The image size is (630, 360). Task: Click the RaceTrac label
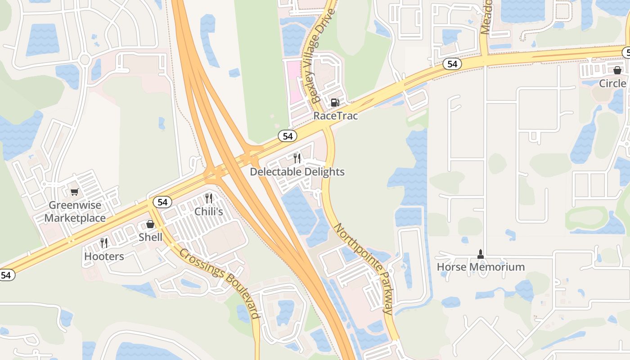[335, 116]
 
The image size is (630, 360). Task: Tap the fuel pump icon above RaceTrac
[335, 103]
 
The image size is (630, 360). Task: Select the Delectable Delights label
[297, 172]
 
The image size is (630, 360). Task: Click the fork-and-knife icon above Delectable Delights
[297, 158]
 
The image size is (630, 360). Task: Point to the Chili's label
[209, 211]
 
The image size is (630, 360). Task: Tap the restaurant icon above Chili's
[208, 198]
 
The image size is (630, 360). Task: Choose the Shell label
[150, 237]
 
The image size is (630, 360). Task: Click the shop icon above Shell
[150, 224]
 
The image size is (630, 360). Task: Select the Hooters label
[104, 256]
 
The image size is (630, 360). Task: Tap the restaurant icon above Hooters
[104, 243]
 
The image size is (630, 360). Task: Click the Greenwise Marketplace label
[75, 211]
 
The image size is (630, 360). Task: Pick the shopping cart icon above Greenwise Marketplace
[75, 192]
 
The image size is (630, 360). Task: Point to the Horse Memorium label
[481, 267]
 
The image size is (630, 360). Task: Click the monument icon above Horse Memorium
[481, 254]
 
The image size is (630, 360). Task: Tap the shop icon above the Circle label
[617, 70]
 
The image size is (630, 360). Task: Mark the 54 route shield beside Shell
[162, 202]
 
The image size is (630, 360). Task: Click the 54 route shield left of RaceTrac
[288, 135]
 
